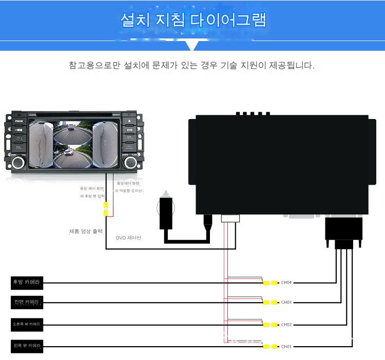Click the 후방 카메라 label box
pyautogui.click(x=27, y=282)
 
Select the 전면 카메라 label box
pyautogui.click(x=27, y=302)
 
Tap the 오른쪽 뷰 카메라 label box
pyautogui.click(x=27, y=324)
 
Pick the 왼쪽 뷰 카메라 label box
pyautogui.click(x=27, y=346)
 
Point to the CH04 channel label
pyautogui.click(x=286, y=283)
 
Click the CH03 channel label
pyautogui.click(x=286, y=303)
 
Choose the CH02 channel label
pyautogui.click(x=286, y=325)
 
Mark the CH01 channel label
pyautogui.click(x=286, y=347)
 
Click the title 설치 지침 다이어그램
pyautogui.click(x=192, y=21)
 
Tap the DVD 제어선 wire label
pyautogui.click(x=128, y=237)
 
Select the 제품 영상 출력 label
pyautogui.click(x=86, y=231)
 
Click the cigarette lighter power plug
pyautogui.click(x=167, y=210)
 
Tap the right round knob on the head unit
pyautogui.click(x=130, y=163)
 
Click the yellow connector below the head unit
pyautogui.click(x=106, y=209)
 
